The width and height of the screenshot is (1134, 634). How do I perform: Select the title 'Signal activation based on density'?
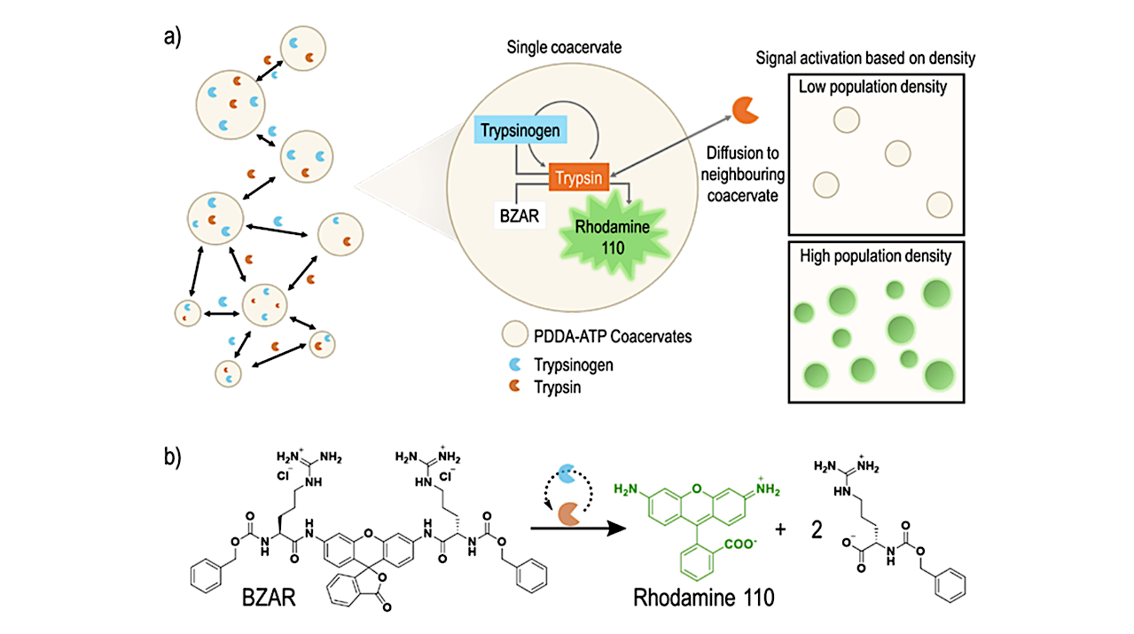865,59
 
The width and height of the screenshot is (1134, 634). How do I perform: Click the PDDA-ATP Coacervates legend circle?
513,335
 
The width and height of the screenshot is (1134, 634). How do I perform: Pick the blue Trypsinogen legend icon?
513,364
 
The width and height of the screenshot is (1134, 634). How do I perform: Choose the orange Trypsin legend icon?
513,387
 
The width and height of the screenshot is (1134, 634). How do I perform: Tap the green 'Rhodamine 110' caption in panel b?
704,598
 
